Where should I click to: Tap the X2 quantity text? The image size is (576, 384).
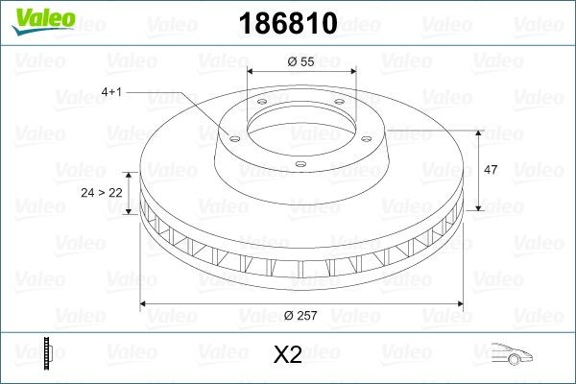(288, 354)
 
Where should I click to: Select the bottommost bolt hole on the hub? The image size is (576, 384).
(300, 164)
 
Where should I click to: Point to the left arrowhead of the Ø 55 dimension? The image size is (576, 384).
(252, 73)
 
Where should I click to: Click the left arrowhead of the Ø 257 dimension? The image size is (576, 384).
(145, 304)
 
